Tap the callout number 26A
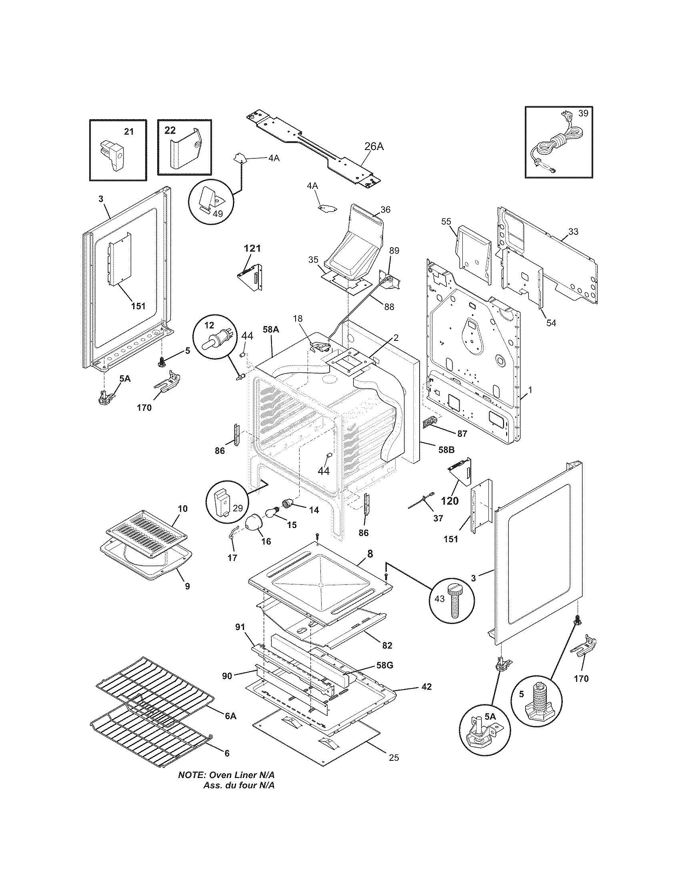pos(374,147)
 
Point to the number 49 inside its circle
pos(218,214)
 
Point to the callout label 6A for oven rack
pos(230,716)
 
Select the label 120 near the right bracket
pos(450,501)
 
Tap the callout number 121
pos(252,249)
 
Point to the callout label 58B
pos(446,450)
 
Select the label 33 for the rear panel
pos(573,231)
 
